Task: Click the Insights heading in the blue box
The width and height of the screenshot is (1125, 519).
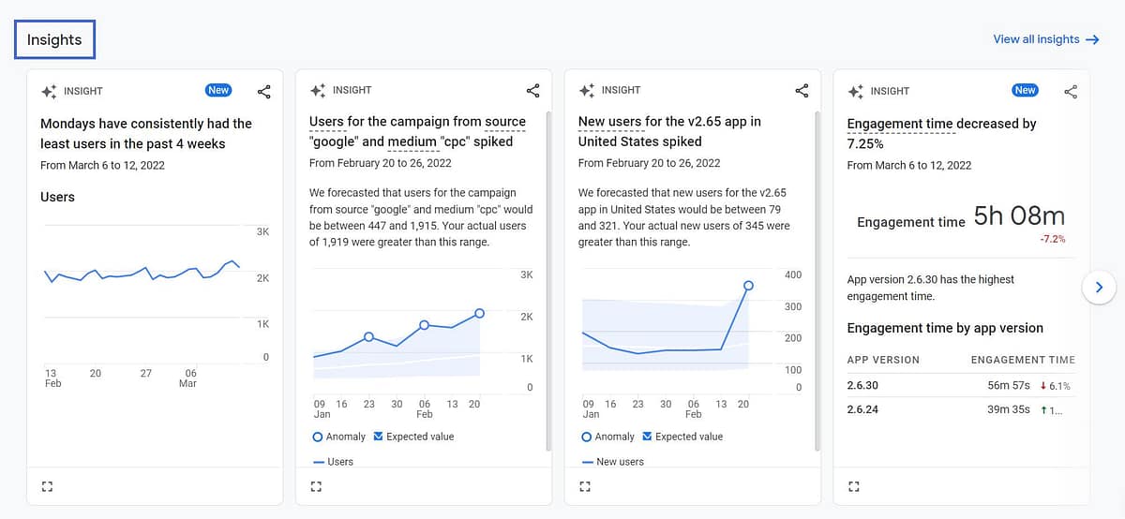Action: [x=54, y=39]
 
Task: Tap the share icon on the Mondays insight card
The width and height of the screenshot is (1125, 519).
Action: [x=264, y=91]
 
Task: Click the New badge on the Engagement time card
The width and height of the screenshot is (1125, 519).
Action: [x=1025, y=91]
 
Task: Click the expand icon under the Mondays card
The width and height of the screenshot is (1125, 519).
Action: [x=48, y=486]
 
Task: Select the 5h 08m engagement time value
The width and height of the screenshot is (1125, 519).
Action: [x=1019, y=216]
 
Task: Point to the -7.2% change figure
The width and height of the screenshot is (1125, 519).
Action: [x=1052, y=239]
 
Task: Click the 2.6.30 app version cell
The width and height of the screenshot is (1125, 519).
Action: [x=862, y=385]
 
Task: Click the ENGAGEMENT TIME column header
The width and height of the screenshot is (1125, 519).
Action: [x=1023, y=360]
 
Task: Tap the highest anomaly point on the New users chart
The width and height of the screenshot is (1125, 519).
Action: [x=748, y=286]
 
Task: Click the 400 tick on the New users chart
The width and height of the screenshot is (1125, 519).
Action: [x=793, y=274]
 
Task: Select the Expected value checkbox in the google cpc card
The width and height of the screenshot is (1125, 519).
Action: [x=379, y=437]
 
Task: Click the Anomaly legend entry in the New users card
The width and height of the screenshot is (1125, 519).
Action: [x=607, y=437]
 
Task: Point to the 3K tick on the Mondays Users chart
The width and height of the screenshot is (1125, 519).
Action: [x=262, y=231]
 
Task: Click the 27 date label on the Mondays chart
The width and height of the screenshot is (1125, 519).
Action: [x=145, y=373]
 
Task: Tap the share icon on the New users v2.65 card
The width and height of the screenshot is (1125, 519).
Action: [x=802, y=91]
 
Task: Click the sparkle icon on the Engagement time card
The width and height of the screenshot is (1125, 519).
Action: [x=855, y=91]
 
